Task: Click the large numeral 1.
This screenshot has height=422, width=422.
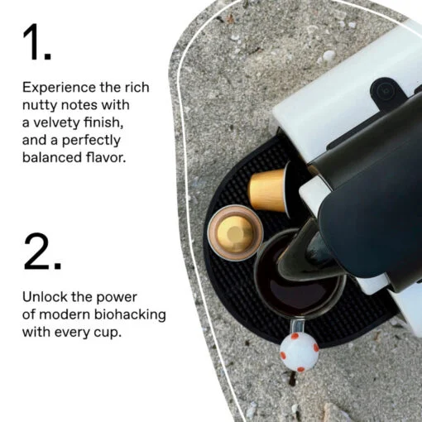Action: (33, 42)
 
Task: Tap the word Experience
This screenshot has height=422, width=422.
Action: (59, 88)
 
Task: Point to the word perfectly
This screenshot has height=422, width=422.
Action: (91, 141)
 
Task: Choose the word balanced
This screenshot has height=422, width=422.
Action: (52, 157)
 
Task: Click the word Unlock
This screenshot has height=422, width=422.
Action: (45, 297)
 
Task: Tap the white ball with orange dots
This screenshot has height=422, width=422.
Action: (300, 351)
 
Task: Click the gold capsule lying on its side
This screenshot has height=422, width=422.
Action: (269, 189)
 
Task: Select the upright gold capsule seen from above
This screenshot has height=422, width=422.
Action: (235, 233)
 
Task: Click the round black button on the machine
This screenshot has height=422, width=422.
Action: (385, 90)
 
